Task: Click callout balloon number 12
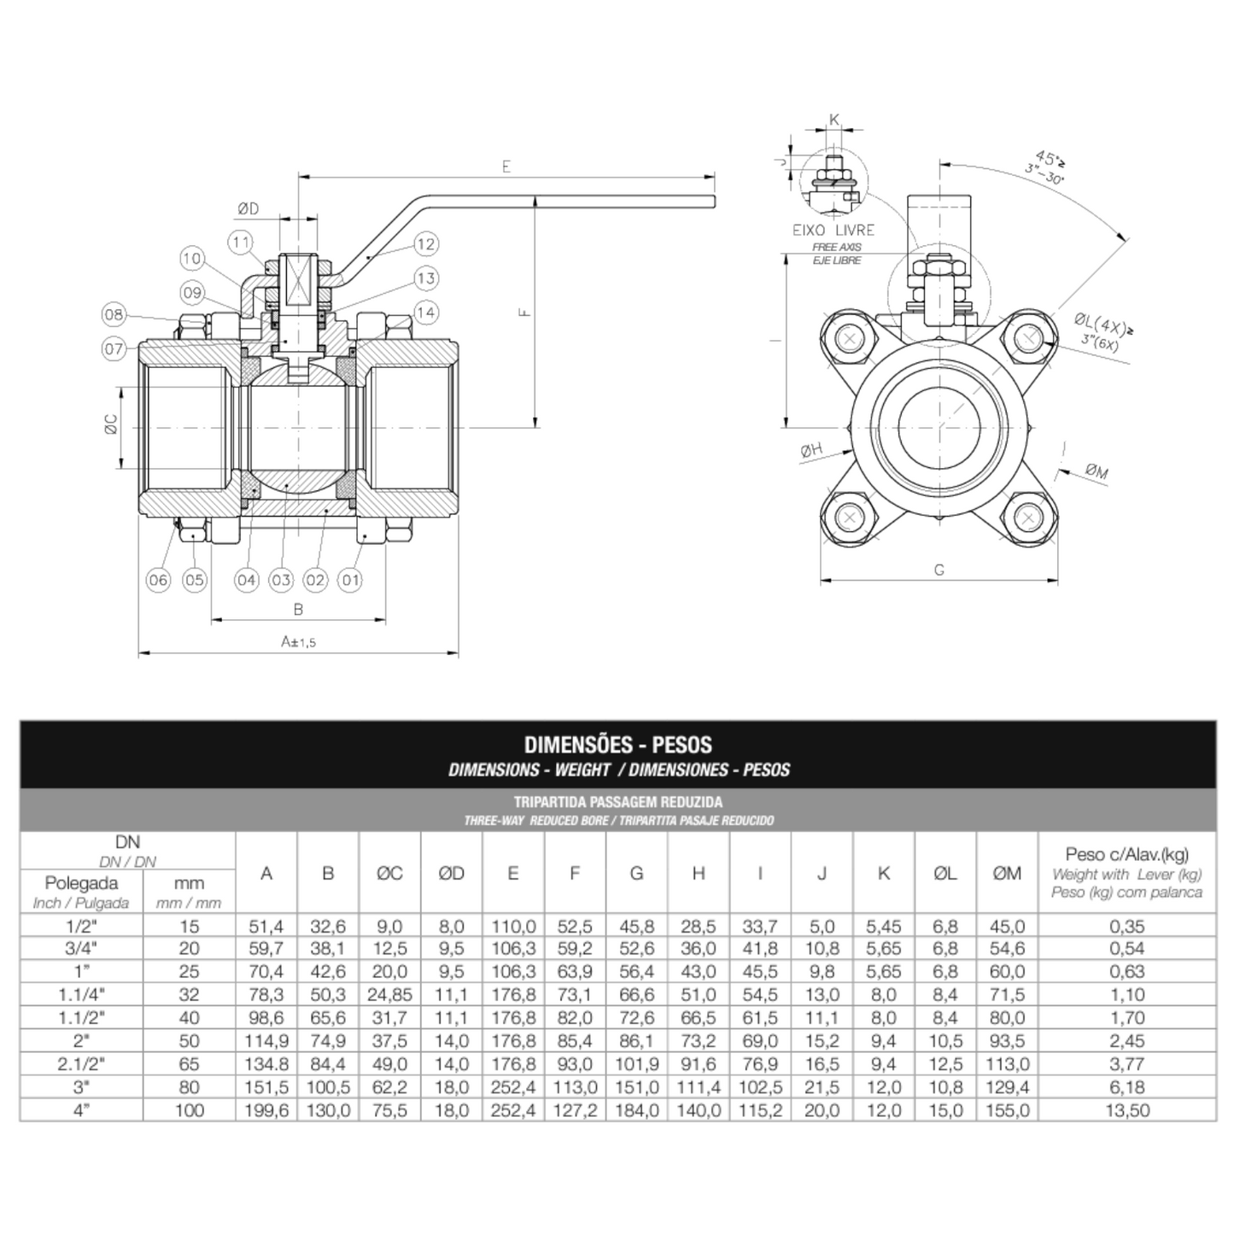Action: click(x=425, y=244)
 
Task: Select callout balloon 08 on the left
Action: click(x=114, y=314)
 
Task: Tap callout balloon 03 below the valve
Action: click(x=281, y=581)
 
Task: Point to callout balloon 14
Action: click(x=425, y=313)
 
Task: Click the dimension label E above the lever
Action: click(x=506, y=167)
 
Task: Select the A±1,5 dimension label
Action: click(x=298, y=641)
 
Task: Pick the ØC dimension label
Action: click(x=111, y=425)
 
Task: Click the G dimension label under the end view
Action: click(x=939, y=570)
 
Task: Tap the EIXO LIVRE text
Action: click(x=833, y=230)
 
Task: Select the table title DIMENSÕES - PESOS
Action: click(x=617, y=745)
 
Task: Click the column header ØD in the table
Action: click(x=451, y=873)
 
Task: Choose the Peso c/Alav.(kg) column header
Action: click(x=1126, y=855)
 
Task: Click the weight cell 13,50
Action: click(x=1126, y=1110)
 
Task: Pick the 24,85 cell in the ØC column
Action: click(x=389, y=995)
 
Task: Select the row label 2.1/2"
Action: click(x=81, y=1064)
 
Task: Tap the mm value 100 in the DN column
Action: click(x=189, y=1110)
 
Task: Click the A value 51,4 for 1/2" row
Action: click(x=266, y=927)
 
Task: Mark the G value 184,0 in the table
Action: click(x=636, y=1110)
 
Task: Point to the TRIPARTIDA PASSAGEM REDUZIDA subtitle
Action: click(x=617, y=802)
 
